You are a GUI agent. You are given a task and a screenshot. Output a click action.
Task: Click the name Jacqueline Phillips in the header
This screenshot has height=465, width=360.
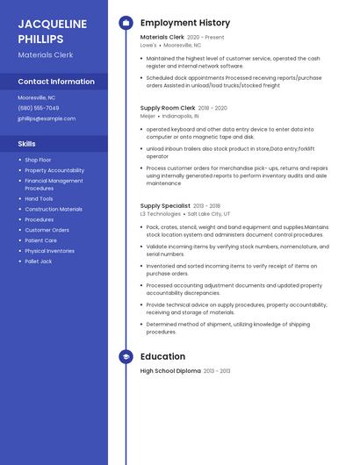click(52, 31)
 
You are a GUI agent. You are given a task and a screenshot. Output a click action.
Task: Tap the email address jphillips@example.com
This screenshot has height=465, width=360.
click(47, 118)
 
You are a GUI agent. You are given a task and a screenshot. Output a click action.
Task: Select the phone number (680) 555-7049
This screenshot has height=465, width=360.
click(39, 108)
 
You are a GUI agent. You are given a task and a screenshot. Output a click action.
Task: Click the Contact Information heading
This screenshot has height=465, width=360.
click(56, 82)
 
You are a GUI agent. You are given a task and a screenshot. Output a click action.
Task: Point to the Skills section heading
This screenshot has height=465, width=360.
click(27, 143)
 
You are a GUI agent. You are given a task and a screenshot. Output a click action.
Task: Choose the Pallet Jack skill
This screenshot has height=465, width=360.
click(39, 261)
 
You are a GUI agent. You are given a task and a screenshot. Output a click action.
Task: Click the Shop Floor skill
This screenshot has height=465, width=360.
click(39, 160)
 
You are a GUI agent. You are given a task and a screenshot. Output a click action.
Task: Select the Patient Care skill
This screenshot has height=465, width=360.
click(40, 240)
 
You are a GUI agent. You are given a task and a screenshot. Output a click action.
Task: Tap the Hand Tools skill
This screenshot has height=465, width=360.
click(39, 199)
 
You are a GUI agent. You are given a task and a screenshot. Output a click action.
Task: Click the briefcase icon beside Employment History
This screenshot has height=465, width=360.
click(126, 23)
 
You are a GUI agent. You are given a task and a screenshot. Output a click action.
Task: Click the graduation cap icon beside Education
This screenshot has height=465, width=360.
click(126, 356)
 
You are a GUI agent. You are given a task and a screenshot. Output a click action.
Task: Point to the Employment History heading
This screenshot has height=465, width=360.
click(185, 23)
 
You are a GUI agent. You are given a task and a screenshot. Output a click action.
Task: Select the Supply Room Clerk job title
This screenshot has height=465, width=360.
click(167, 108)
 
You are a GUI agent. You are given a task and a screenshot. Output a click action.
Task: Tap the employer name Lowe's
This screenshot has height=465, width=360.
click(148, 45)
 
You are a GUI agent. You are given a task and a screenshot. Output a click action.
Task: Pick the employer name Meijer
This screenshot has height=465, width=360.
click(148, 115)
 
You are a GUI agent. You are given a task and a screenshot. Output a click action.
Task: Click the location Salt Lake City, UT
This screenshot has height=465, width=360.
click(209, 214)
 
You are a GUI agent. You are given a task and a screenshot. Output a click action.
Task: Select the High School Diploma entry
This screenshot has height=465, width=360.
click(170, 371)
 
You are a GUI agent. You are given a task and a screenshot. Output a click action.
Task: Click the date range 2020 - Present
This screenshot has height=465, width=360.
click(206, 38)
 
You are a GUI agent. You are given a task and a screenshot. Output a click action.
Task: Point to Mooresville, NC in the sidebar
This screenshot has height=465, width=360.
click(37, 97)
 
